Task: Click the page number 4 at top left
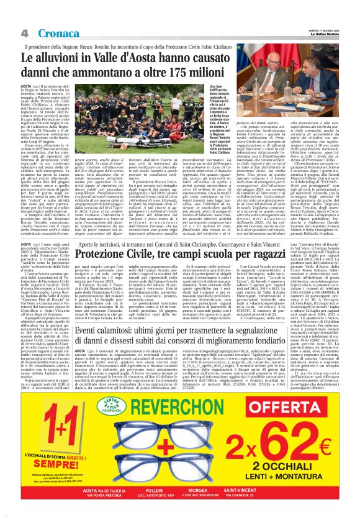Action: [x=25, y=33]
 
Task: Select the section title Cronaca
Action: [x=52, y=33]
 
